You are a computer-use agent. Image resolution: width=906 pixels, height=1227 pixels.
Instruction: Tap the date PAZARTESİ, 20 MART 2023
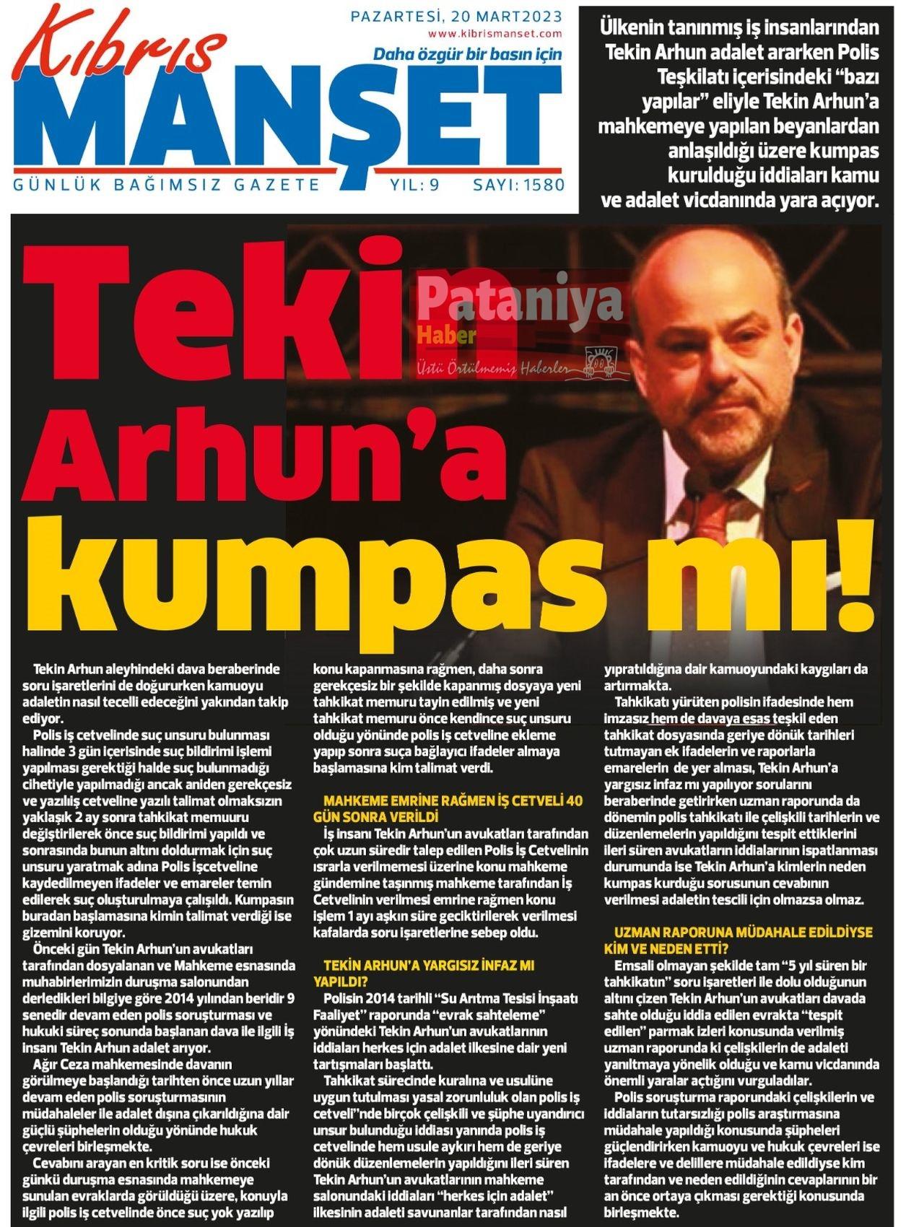(456, 16)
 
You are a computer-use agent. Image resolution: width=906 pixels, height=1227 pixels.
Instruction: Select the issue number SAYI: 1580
(518, 185)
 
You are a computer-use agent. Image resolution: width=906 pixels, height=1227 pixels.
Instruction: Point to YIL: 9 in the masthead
(414, 185)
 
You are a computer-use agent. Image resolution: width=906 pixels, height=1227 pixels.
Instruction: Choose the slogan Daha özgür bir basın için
(467, 54)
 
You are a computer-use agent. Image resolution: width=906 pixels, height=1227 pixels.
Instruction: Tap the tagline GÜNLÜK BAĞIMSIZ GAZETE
(167, 185)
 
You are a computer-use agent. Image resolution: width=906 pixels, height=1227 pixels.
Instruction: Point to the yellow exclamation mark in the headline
(855, 570)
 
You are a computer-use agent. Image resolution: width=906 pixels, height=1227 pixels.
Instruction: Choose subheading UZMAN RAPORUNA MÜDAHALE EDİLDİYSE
(743, 932)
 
